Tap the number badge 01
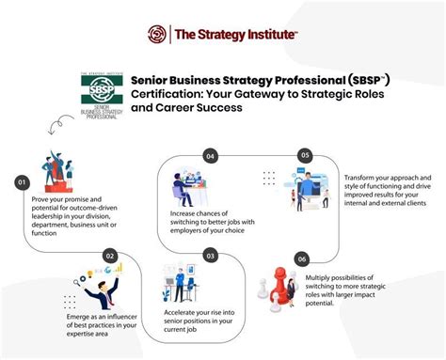point(21,181)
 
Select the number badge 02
point(110,254)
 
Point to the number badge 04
point(211,155)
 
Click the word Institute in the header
point(271,35)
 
